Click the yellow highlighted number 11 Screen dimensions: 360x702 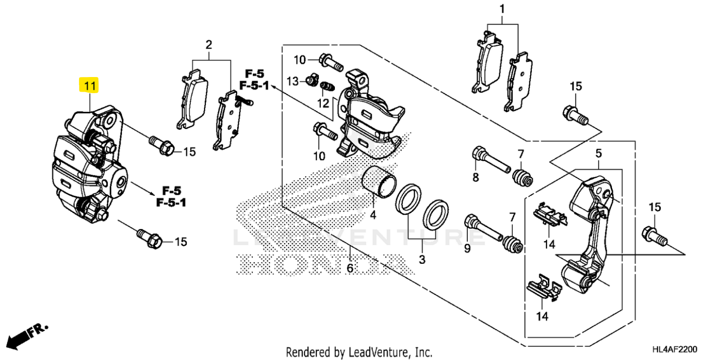pyautogui.click(x=89, y=86)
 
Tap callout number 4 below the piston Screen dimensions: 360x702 pyautogui.click(x=373, y=215)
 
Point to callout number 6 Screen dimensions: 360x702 pyautogui.click(x=350, y=268)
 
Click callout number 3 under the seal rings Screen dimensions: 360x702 pyautogui.click(x=422, y=260)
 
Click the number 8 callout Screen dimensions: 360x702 pyautogui.click(x=475, y=177)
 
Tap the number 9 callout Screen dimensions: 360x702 pyautogui.click(x=467, y=248)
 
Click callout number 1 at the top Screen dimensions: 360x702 pyautogui.click(x=502, y=9)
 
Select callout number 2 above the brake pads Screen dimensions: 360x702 pyautogui.click(x=208, y=45)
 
